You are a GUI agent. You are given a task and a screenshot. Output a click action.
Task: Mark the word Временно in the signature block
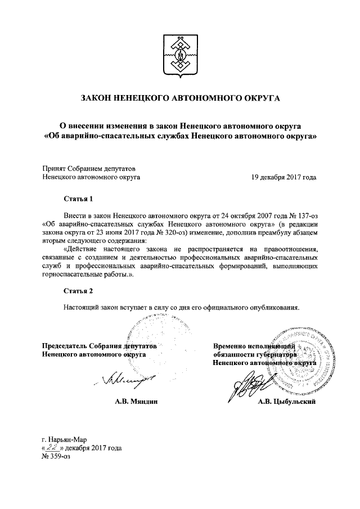point(231,345)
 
